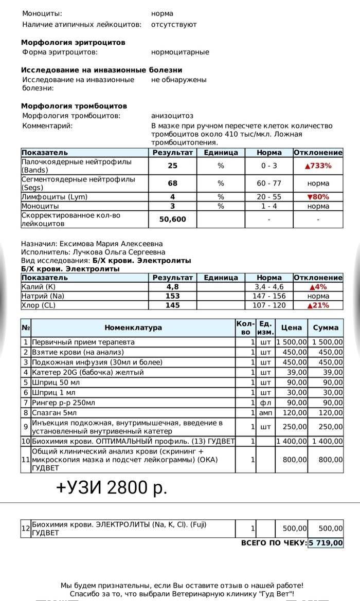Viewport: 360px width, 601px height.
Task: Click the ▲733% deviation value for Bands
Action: pyautogui.click(x=318, y=166)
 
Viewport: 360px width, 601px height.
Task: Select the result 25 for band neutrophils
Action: pyautogui.click(x=172, y=166)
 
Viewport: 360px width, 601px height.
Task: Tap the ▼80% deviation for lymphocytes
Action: pyautogui.click(x=318, y=197)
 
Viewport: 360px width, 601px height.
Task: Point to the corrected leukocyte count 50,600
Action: pyautogui.click(x=172, y=219)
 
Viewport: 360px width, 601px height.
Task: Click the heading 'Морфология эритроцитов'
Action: pyautogui.click(x=73, y=43)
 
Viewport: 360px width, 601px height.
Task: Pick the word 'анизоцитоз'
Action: pyautogui.click(x=172, y=116)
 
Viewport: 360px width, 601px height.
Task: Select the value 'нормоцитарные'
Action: pyautogui.click(x=180, y=52)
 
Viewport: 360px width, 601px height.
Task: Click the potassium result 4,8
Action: pyautogui.click(x=172, y=287)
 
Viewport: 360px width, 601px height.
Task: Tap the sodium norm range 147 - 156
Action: pyautogui.click(x=269, y=296)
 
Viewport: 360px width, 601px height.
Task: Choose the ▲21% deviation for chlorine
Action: pyautogui.click(x=318, y=305)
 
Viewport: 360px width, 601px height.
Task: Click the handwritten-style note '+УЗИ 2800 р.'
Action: pyautogui.click(x=111, y=486)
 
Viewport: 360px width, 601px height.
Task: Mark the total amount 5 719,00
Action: pyautogui.click(x=325, y=543)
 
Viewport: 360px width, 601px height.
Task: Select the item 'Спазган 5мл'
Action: pyautogui.click(x=54, y=412)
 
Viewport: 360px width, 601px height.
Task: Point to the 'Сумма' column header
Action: pyautogui.click(x=326, y=327)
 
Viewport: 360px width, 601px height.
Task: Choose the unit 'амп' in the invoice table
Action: pyautogui.click(x=265, y=412)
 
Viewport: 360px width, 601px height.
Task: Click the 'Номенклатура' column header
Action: pyautogui.click(x=133, y=327)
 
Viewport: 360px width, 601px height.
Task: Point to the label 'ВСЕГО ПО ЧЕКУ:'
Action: pyautogui.click(x=274, y=543)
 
